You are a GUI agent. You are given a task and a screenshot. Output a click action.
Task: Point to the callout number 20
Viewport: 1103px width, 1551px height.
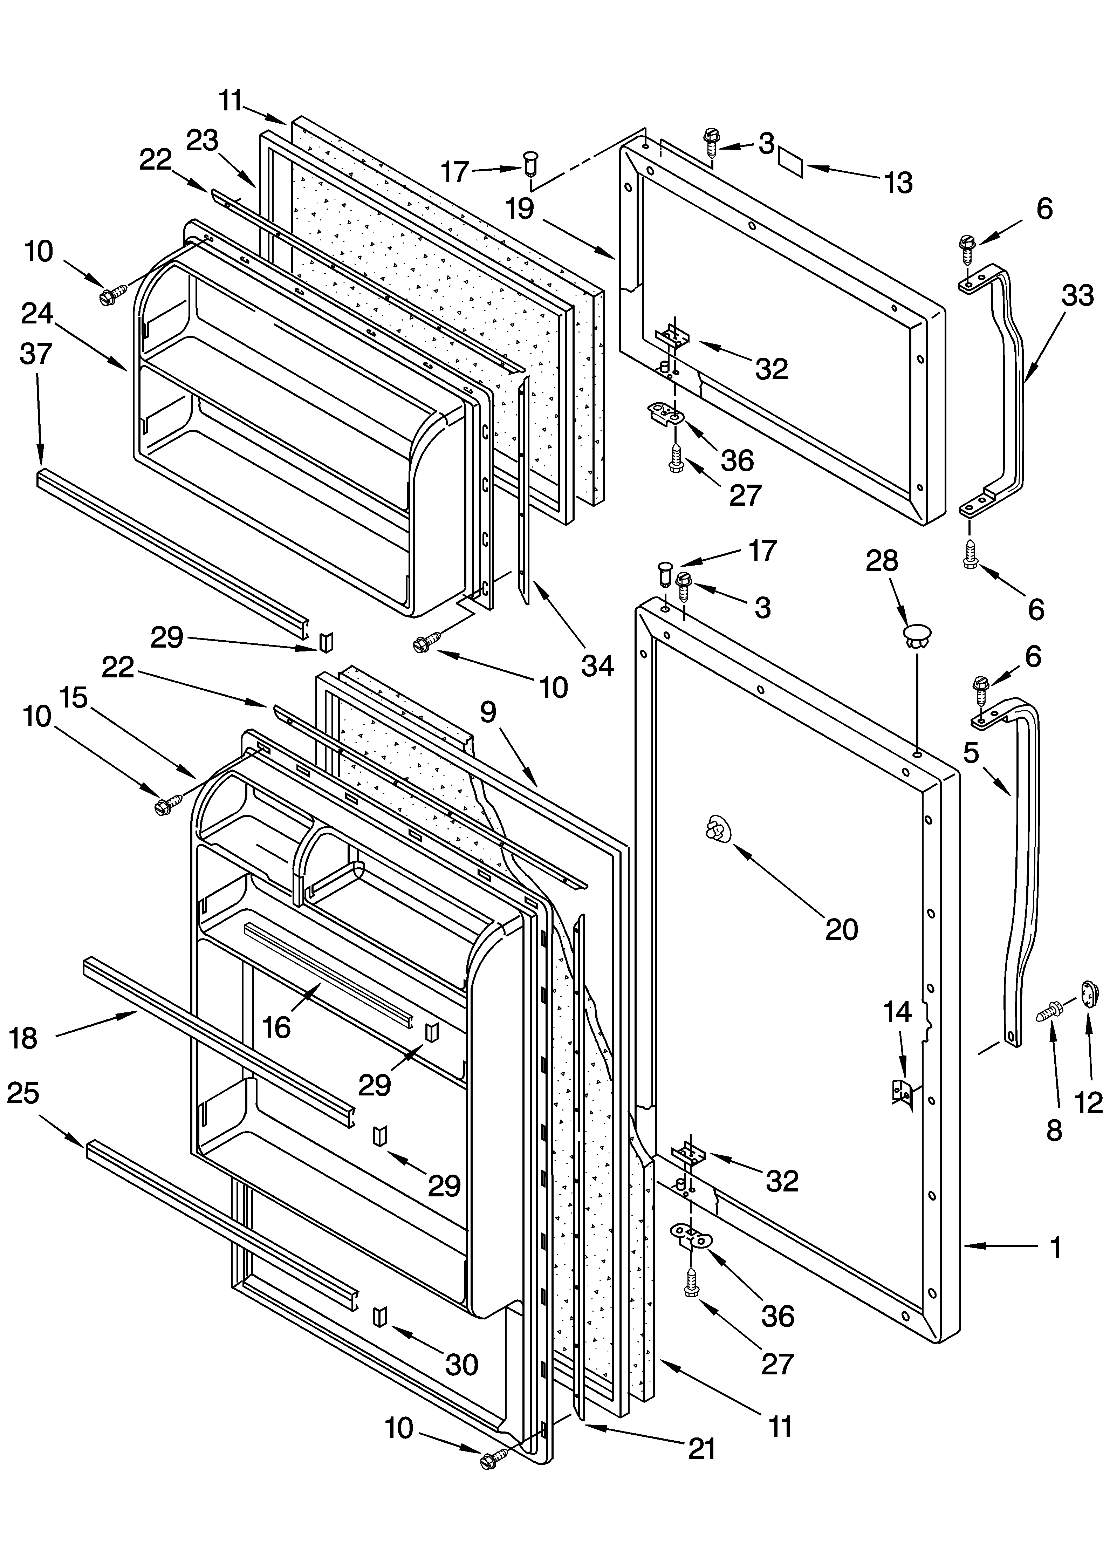pyautogui.click(x=842, y=929)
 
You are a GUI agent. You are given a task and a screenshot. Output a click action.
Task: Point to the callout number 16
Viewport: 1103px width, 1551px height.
pyautogui.click(x=276, y=1027)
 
